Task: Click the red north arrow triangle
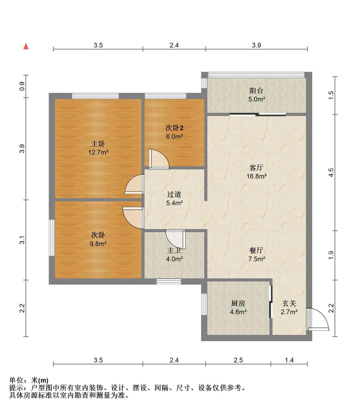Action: pos(26,46)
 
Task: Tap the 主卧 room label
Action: pos(98,144)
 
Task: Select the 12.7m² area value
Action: pos(98,152)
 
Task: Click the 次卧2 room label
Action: pos(174,128)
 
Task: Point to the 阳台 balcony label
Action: pos(256,91)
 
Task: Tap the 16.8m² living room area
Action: pos(256,176)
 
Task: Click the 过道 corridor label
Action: pos(174,194)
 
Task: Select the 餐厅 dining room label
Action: pos(256,250)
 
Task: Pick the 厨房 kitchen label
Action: pos(238,303)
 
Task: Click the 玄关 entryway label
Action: pos(289,303)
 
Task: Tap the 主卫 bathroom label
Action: pos(174,250)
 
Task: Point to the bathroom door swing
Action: pos(175,239)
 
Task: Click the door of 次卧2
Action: pos(159,159)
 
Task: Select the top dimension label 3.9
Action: pos(256,45)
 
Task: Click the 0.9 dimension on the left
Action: pos(22,86)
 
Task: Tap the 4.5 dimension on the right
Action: pos(331,173)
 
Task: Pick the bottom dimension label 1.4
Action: pos(289,360)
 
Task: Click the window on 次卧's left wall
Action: pos(52,238)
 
